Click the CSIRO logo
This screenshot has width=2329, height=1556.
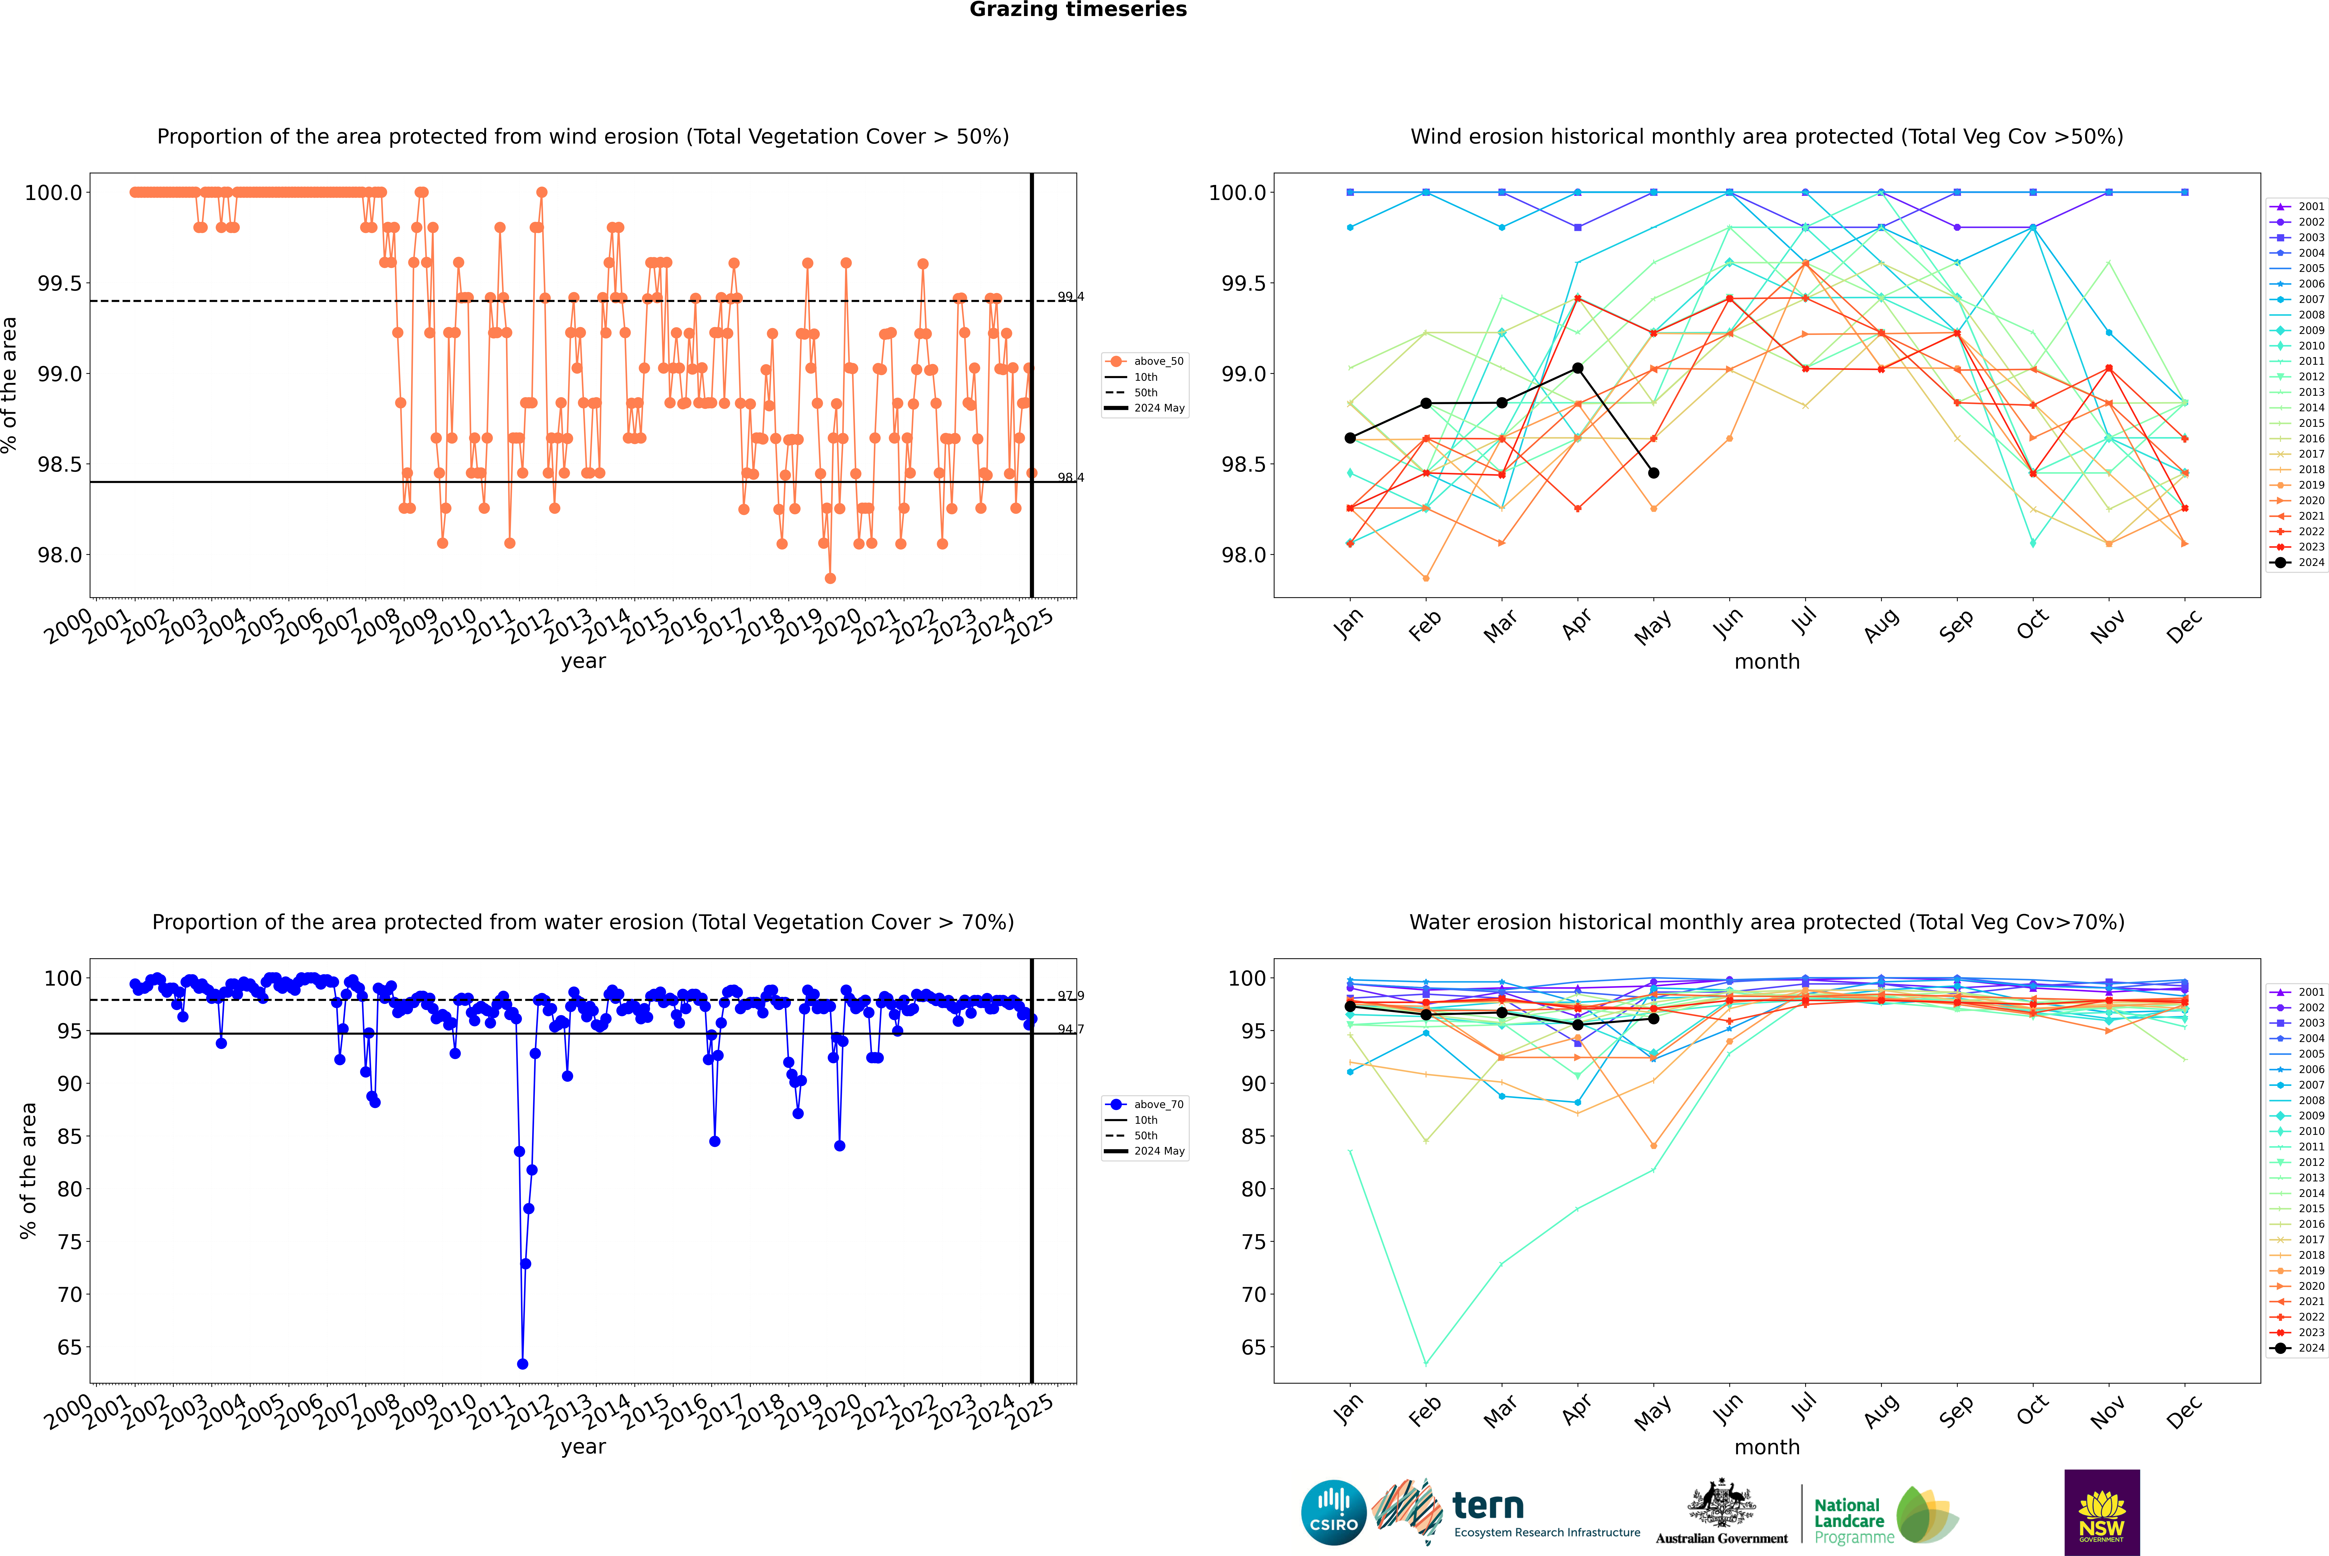click(1333, 1512)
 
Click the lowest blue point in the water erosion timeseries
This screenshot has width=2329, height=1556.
click(522, 1363)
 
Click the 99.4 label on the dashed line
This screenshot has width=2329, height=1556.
click(1070, 297)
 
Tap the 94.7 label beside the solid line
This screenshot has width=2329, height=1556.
click(1070, 1029)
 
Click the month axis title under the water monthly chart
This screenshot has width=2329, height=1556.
click(1766, 1447)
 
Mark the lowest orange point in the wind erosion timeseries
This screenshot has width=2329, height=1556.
click(830, 579)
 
